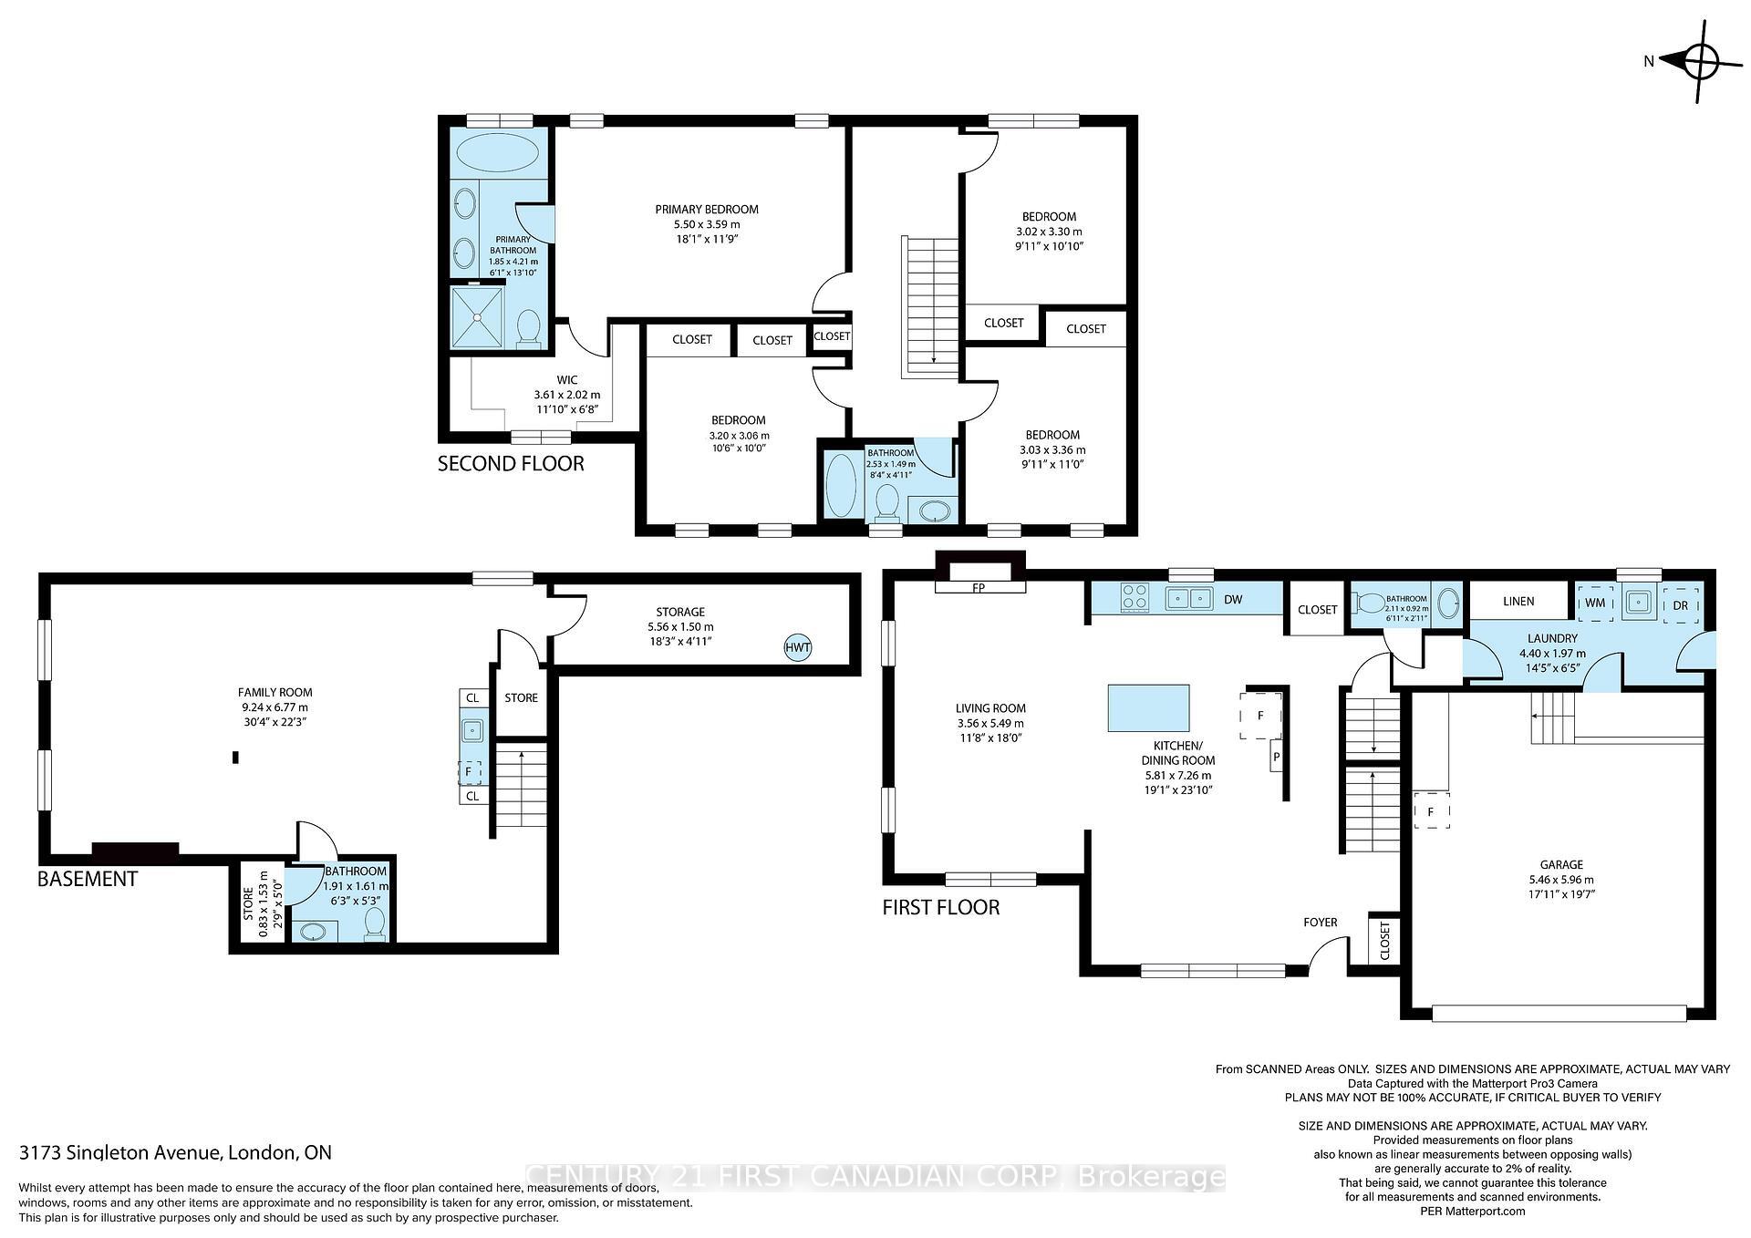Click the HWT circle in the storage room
(797, 648)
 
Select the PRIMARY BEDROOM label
(707, 209)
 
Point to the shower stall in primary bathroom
(477, 316)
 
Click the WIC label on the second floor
(567, 380)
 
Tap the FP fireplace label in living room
(979, 588)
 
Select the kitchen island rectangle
(1148, 707)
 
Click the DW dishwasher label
(1233, 600)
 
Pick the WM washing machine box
(1595, 604)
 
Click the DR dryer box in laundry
(1681, 605)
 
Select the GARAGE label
(1561, 864)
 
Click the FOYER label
(1320, 923)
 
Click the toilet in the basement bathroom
(374, 924)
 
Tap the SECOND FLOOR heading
(511, 463)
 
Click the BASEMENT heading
(88, 879)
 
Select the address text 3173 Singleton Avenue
(120, 1152)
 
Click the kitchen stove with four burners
(1135, 598)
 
